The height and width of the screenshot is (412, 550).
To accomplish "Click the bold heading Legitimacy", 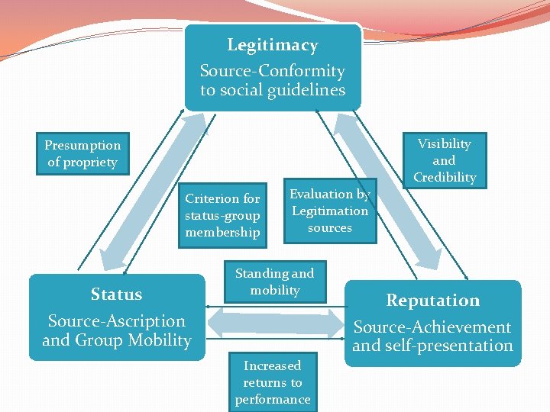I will [x=272, y=46].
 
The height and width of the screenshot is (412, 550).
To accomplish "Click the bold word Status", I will [x=116, y=295].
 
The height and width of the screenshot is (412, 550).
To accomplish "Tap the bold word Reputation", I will [x=432, y=301].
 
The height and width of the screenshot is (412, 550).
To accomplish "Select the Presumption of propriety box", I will [x=82, y=153].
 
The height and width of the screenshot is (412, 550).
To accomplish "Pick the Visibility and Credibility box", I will [x=444, y=160].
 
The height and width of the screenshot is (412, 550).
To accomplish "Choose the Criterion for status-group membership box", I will [x=222, y=215].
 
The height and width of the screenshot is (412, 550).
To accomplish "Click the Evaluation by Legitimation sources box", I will [x=329, y=211].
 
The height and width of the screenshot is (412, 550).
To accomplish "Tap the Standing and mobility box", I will [x=274, y=282].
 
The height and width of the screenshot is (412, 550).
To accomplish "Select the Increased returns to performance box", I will [x=272, y=382].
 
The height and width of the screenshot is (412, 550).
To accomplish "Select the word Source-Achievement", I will [x=432, y=327].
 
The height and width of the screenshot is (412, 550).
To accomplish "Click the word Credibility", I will [x=444, y=177].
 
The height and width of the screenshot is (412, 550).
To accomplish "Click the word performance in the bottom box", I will [x=272, y=399].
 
